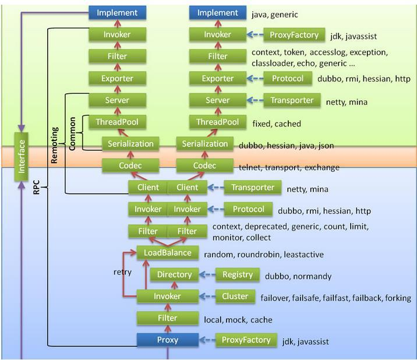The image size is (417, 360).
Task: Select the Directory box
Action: click(x=174, y=274)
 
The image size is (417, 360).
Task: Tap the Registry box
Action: click(x=238, y=274)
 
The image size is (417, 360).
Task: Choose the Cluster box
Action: click(x=235, y=297)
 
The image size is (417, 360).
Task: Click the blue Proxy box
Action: click(x=167, y=340)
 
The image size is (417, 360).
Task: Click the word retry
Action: click(x=122, y=272)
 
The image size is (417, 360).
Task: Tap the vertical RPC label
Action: click(x=36, y=188)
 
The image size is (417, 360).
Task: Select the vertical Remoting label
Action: click(x=54, y=143)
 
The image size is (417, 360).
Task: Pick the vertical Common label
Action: click(x=72, y=133)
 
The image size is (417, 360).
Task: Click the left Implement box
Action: click(x=117, y=13)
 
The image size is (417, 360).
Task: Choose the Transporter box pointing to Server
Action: click(x=292, y=100)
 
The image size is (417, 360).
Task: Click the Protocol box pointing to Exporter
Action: click(x=287, y=79)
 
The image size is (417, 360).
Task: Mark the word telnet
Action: click(x=251, y=168)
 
